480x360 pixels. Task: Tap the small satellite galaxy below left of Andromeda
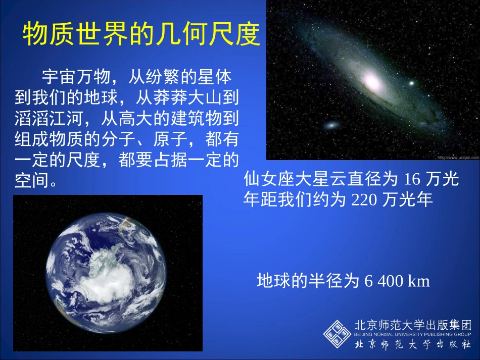(332, 125)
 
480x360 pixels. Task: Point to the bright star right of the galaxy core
(411, 83)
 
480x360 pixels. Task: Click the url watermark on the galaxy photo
(457, 157)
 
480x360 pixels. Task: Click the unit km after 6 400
(419, 281)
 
